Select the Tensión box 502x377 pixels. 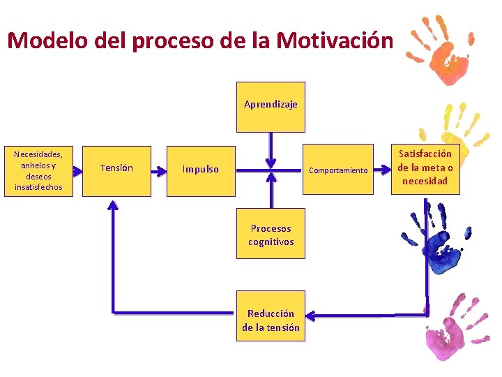(x=116, y=170)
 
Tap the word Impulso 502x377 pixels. (x=200, y=169)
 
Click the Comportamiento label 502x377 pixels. (x=338, y=170)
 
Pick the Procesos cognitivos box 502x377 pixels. (x=271, y=234)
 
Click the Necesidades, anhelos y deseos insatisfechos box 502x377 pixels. (x=38, y=171)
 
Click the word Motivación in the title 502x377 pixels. (x=335, y=40)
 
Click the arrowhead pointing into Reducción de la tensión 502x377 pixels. (x=312, y=316)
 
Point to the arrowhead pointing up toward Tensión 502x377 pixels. (x=112, y=205)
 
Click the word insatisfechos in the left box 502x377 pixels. (x=38, y=187)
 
